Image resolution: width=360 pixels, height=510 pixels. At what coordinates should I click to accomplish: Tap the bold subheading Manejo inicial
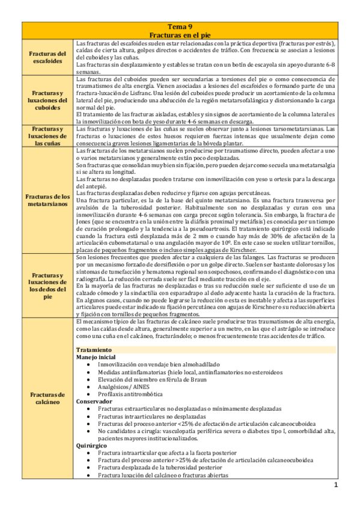pos(97,357)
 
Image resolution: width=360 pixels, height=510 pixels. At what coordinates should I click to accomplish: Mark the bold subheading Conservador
pos(95,401)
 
